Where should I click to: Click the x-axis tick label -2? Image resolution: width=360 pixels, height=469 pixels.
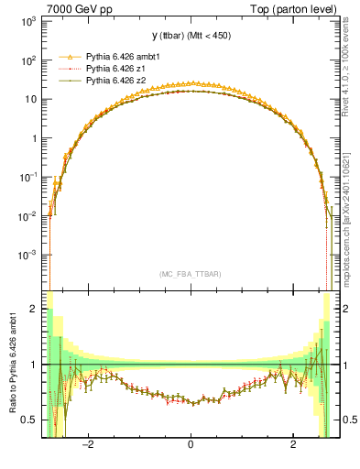(88, 445)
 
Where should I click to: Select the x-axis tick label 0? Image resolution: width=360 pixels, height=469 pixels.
(191, 445)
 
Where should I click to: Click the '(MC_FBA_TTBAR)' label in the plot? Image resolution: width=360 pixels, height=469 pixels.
(191, 274)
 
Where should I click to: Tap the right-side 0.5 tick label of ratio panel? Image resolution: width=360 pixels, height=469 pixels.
(348, 420)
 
